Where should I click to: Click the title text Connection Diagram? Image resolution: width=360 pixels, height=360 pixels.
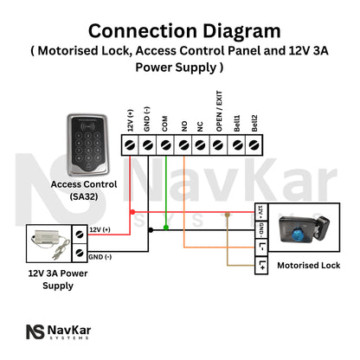pos(179,31)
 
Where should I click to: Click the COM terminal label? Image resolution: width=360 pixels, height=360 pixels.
pos(166,120)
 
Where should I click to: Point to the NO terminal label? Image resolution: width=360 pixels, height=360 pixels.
pos(183,122)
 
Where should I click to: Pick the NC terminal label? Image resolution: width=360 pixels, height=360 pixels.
pos(201,122)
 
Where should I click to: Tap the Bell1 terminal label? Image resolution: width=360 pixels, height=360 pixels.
pos(236,119)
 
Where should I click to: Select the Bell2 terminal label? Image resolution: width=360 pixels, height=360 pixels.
pos(254,119)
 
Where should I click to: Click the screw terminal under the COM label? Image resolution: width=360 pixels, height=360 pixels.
pos(166,145)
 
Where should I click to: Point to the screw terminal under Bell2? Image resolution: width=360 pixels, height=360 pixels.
pos(254,145)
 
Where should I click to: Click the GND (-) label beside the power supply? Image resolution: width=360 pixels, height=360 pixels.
pos(101,258)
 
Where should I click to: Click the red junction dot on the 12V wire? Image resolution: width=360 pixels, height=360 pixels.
pos(131,210)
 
